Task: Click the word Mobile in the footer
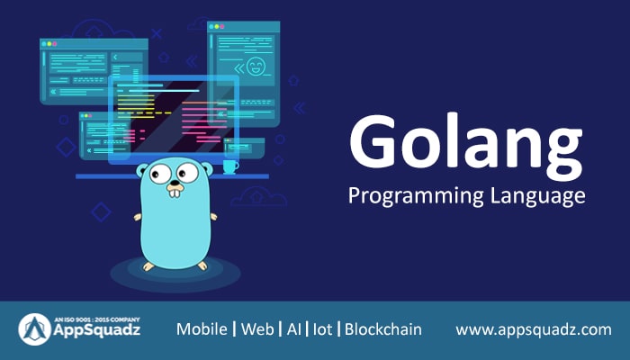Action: tap(202, 329)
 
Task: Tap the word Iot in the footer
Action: tap(322, 329)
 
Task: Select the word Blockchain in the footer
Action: tap(383, 329)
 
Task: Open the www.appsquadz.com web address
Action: tap(534, 329)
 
